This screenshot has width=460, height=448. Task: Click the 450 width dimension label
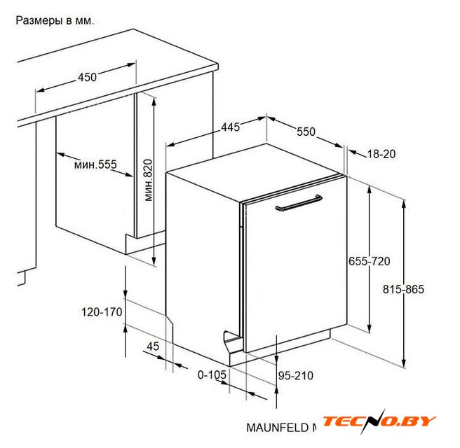(x=87, y=77)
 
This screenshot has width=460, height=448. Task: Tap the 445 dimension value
(x=230, y=127)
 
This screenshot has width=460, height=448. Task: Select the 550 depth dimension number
(x=306, y=132)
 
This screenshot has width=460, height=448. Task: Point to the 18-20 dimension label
(x=381, y=154)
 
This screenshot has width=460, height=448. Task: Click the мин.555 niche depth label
(x=95, y=164)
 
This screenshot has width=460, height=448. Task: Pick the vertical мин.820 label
(x=149, y=180)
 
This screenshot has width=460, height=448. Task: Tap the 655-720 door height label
(x=370, y=261)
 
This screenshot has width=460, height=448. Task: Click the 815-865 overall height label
(x=403, y=289)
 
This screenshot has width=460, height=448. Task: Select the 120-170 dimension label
(x=102, y=312)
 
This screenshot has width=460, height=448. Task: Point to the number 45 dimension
(x=153, y=346)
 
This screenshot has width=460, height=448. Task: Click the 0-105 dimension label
(x=212, y=374)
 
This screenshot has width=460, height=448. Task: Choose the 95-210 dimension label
(x=296, y=376)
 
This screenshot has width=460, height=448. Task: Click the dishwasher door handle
(x=299, y=203)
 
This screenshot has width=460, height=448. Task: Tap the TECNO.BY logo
(x=379, y=421)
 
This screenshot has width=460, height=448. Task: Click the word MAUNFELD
(x=277, y=428)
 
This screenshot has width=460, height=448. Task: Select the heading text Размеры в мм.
(x=55, y=20)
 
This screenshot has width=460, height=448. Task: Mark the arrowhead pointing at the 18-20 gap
(x=352, y=153)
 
